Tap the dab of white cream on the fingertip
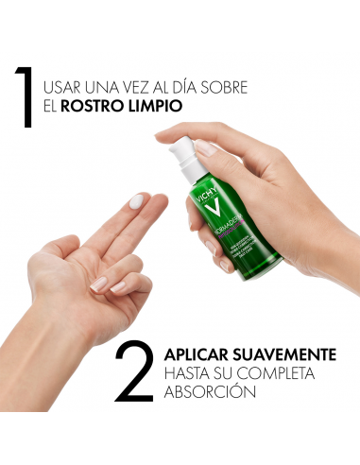(138, 200)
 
